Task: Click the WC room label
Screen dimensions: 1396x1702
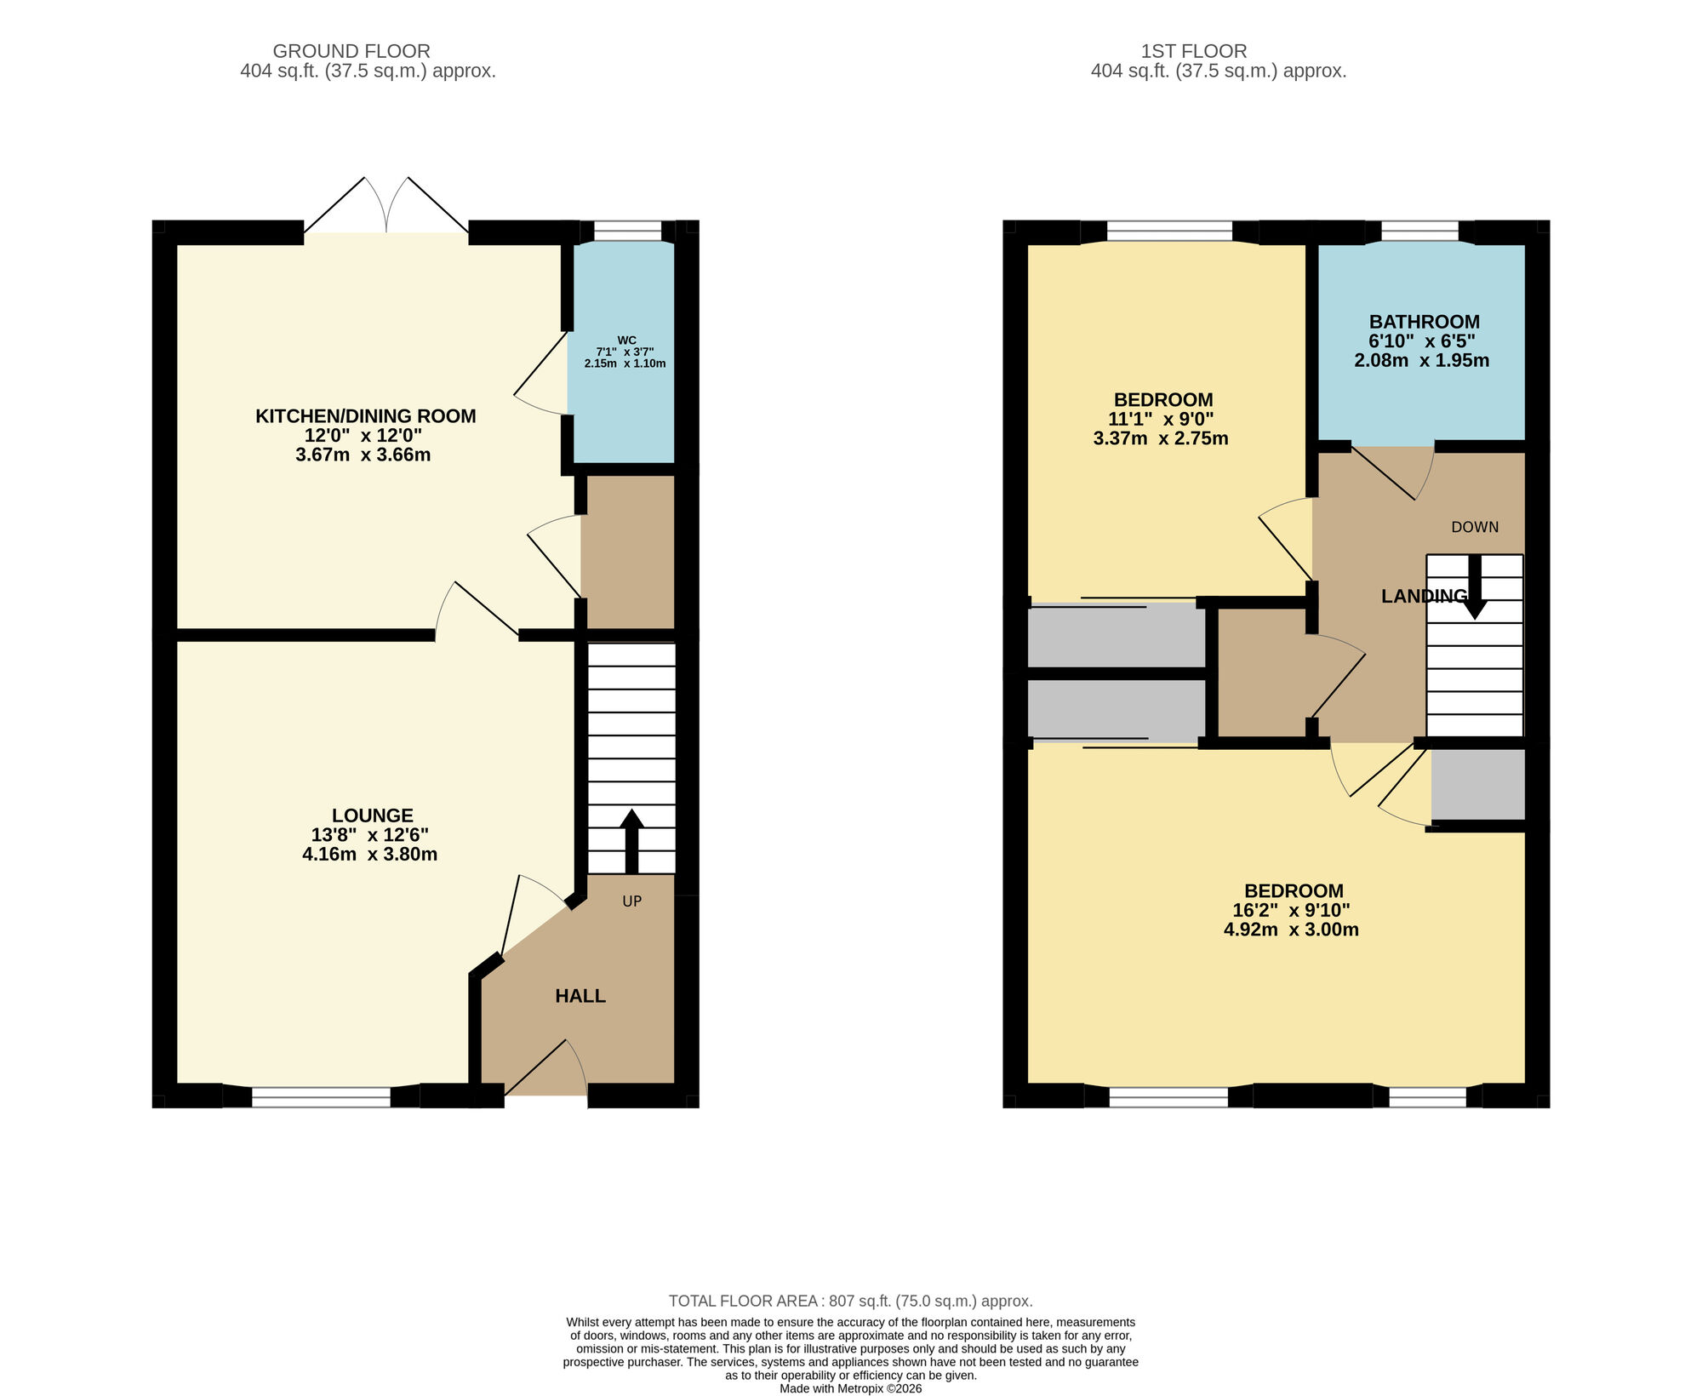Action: [626, 340]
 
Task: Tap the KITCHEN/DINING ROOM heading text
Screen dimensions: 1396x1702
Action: [366, 416]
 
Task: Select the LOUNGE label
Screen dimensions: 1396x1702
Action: [372, 815]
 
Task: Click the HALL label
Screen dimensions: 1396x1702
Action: [580, 996]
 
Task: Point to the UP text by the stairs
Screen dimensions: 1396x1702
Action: [631, 901]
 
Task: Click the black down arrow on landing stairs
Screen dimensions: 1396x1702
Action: [1475, 587]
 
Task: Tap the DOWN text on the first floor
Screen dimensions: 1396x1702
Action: [1475, 527]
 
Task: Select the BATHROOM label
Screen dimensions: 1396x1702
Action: [1424, 322]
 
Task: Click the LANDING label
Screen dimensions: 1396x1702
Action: [1423, 597]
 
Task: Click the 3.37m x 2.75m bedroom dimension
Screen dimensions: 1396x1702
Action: [1161, 439]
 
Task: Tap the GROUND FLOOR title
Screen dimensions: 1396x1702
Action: [351, 51]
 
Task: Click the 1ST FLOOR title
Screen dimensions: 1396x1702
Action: [1194, 51]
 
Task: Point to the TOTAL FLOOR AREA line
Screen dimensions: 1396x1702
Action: [850, 1301]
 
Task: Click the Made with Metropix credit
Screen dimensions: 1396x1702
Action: [850, 1388]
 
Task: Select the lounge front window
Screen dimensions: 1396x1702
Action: [321, 1097]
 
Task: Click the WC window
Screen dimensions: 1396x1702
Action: [627, 231]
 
